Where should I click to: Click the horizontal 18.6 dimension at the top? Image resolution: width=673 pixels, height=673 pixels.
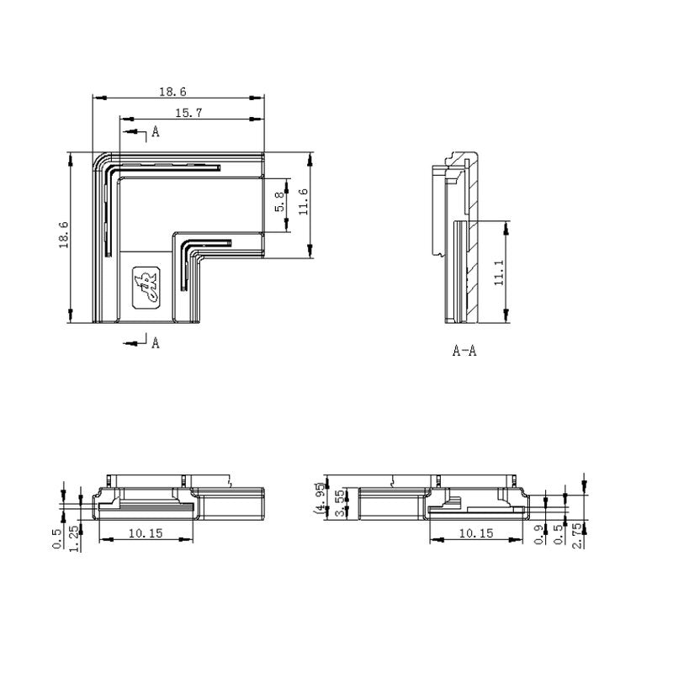point(172,92)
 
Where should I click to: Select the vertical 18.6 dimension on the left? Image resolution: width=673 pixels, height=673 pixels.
point(64,235)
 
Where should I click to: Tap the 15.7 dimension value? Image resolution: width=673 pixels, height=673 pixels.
point(188,113)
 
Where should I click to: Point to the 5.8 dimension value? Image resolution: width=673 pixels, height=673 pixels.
point(279,202)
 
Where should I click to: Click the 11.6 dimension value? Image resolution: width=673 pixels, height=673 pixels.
point(303,202)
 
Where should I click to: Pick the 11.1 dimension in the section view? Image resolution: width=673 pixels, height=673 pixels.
point(498,273)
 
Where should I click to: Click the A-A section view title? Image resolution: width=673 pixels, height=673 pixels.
point(464,351)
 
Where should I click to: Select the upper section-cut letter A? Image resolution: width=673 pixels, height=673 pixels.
point(156,131)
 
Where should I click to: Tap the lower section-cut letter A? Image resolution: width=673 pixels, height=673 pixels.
point(156,342)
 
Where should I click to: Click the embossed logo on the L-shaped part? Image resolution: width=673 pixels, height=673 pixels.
point(146,288)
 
